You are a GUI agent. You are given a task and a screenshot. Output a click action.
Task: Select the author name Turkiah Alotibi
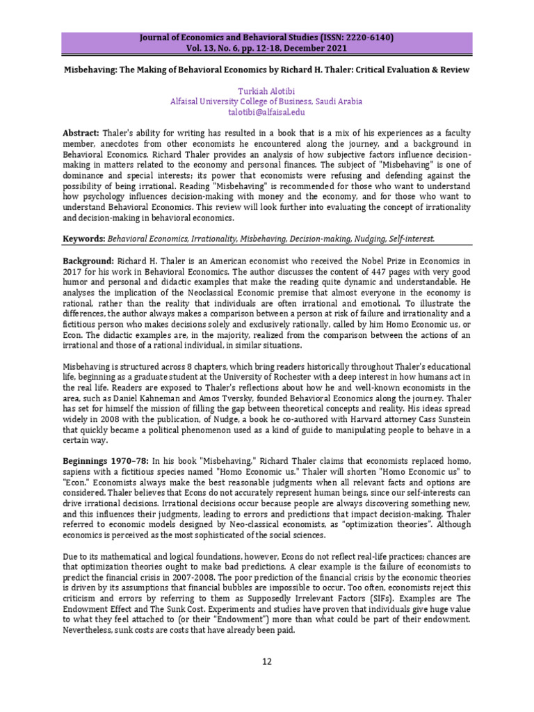coord(266,91)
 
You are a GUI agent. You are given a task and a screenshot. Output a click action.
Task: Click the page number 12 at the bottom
coord(267,661)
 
